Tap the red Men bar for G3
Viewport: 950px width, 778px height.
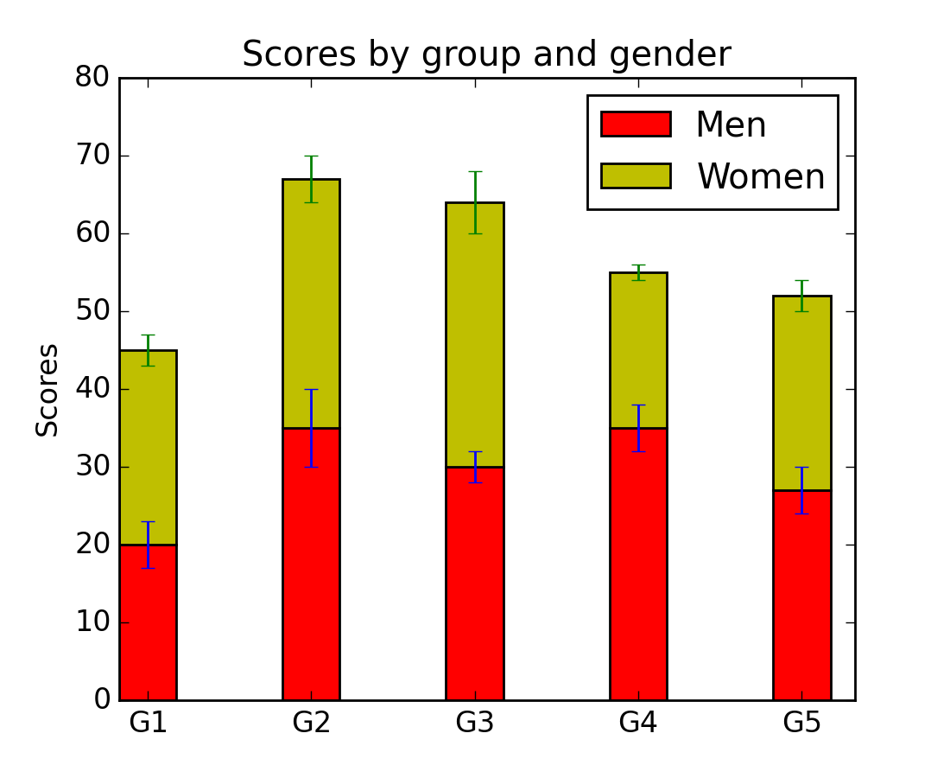point(474,588)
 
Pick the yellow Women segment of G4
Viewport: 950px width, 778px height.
point(638,363)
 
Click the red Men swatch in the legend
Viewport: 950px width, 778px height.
point(636,124)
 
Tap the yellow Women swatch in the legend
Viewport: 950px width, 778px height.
point(636,175)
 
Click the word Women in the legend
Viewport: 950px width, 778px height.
point(761,176)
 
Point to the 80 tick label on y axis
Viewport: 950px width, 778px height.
point(92,78)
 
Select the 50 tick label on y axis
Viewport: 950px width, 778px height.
point(92,311)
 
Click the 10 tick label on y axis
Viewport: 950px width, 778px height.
point(92,622)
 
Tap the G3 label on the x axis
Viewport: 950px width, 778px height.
point(474,723)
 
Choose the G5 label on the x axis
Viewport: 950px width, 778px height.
point(801,723)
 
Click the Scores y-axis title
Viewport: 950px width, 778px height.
point(47,390)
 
